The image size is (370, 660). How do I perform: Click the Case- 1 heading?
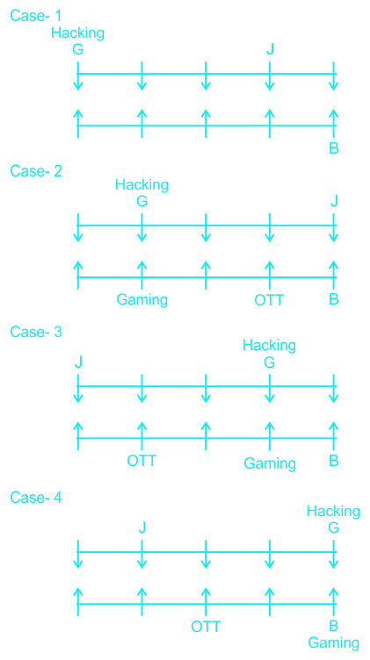click(36, 16)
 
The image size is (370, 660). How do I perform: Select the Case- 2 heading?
click(36, 171)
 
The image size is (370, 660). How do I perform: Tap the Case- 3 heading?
click(36, 332)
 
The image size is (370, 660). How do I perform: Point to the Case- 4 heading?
click(36, 498)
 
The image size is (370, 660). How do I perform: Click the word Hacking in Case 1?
click(77, 33)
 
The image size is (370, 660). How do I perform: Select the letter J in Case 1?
click(270, 50)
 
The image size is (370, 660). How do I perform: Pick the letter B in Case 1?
click(334, 149)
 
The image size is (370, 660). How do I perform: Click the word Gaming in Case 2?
click(142, 300)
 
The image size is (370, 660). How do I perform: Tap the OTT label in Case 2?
click(270, 300)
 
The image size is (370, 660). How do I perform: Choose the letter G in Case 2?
click(142, 201)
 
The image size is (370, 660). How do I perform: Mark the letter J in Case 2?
click(334, 201)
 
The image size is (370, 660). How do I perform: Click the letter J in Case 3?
click(78, 362)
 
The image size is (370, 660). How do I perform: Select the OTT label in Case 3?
click(142, 461)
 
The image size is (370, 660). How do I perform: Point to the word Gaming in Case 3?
click(270, 464)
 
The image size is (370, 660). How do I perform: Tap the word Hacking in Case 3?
click(269, 346)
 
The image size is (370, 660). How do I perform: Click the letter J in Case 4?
click(142, 527)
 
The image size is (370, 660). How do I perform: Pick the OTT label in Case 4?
click(206, 627)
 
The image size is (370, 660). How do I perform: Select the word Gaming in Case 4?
click(334, 643)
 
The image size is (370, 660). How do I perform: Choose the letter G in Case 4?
click(334, 527)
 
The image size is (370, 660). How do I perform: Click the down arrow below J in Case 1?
click(270, 75)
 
